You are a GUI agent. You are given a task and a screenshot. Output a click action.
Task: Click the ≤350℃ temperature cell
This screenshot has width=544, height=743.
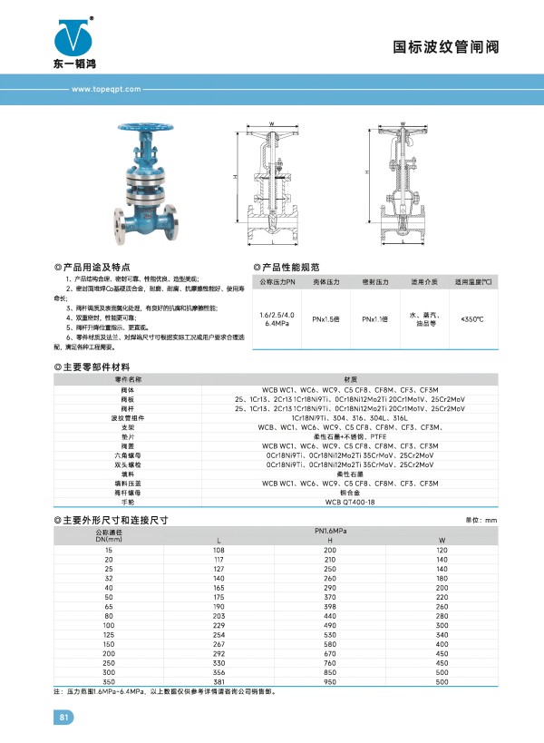tap(472, 318)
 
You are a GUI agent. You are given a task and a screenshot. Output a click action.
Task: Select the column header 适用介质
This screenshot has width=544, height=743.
tap(423, 282)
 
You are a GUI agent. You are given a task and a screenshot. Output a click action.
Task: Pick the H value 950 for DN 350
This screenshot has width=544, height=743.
tap(330, 680)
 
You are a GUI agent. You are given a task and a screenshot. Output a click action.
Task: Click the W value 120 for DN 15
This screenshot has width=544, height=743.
tap(442, 551)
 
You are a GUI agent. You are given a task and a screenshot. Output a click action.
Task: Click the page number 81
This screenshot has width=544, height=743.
tap(64, 718)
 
